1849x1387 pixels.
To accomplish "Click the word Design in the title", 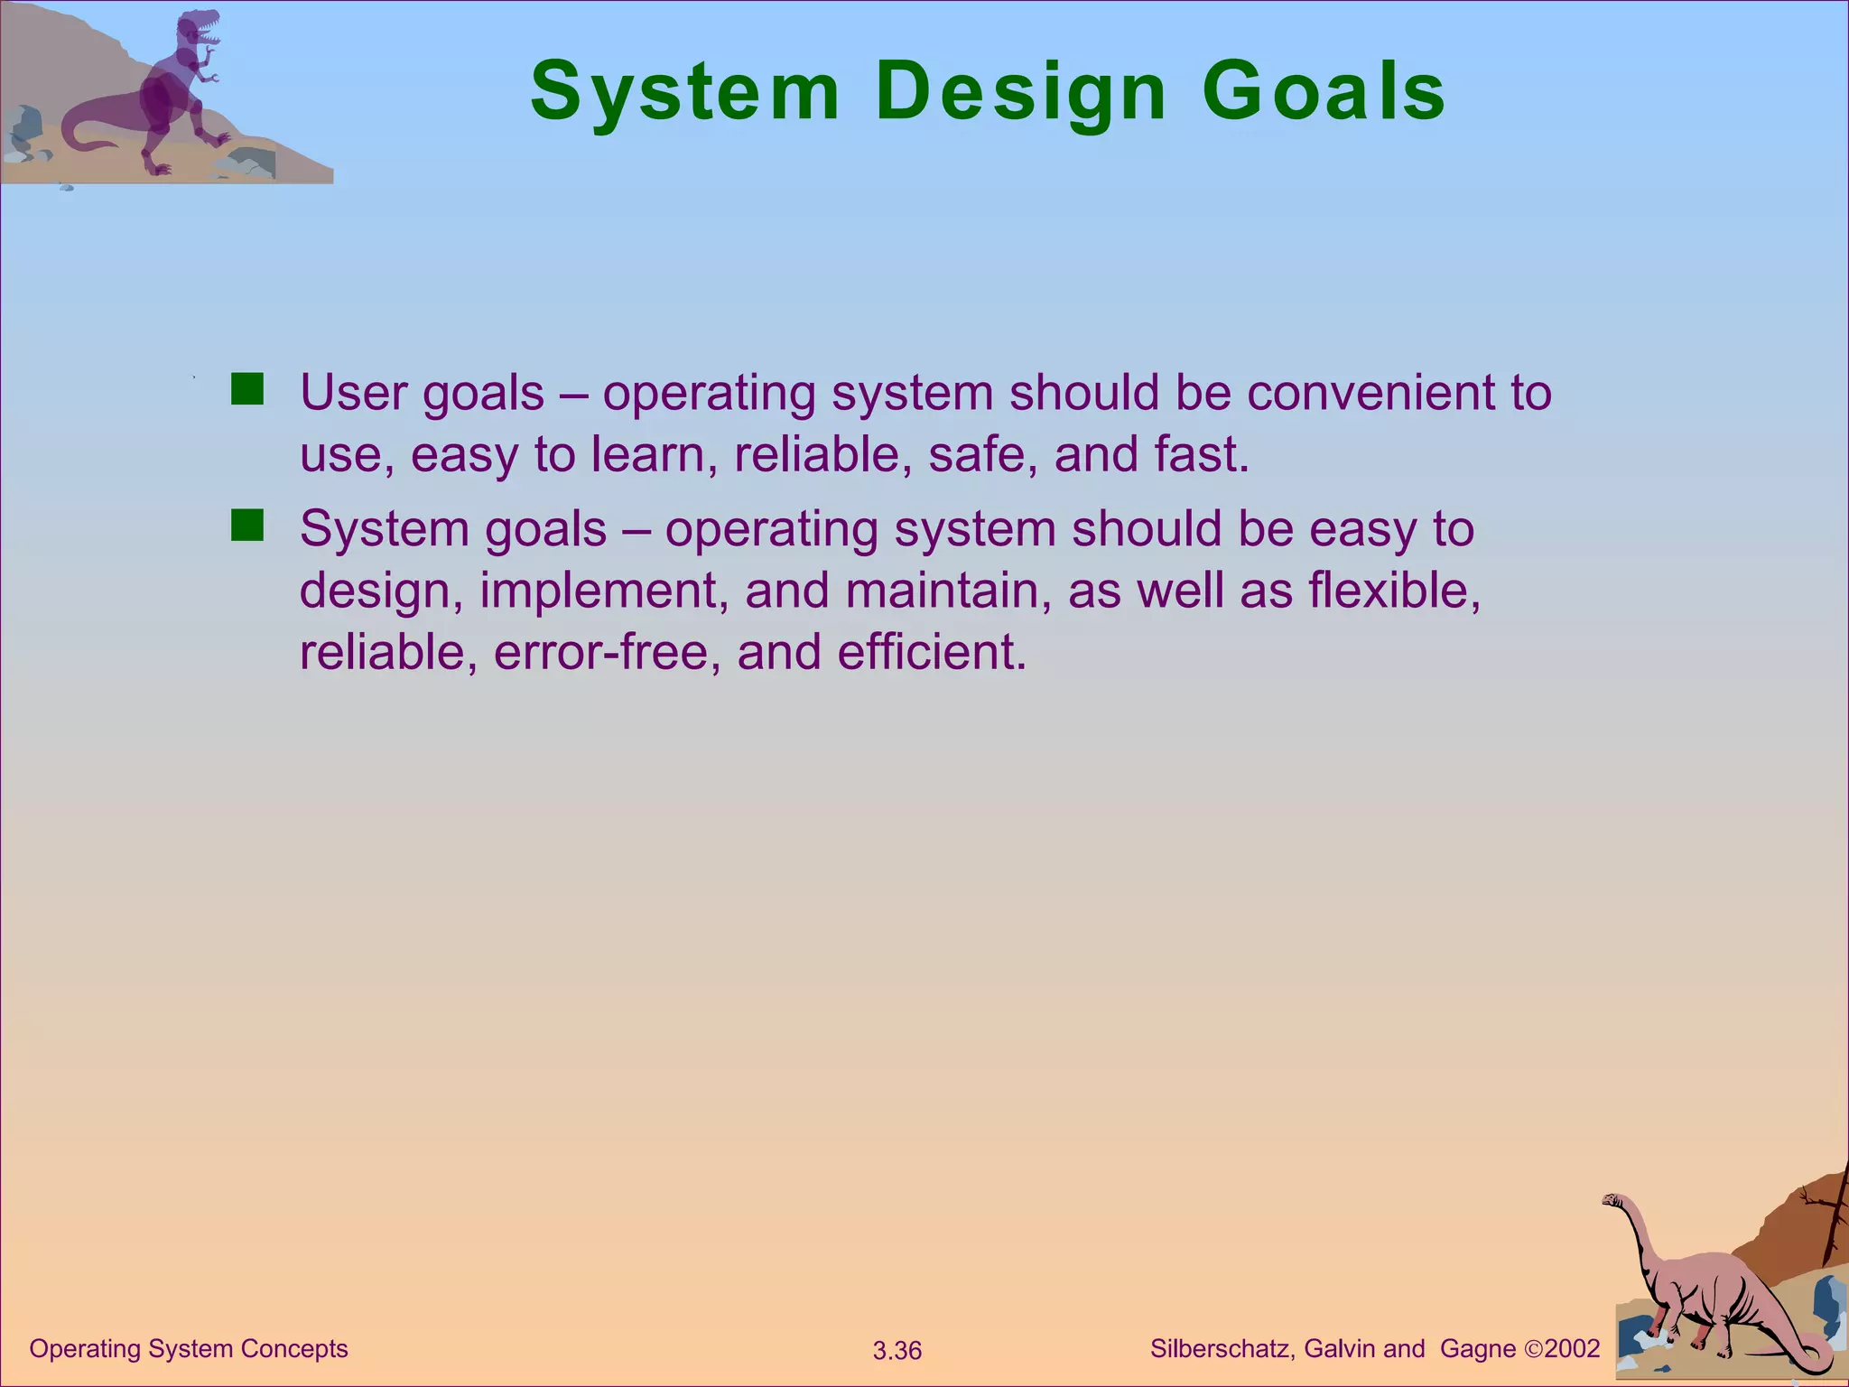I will (x=1021, y=93).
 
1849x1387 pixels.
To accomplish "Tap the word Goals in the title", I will (x=1324, y=93).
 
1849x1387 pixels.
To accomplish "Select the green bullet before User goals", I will (x=246, y=390).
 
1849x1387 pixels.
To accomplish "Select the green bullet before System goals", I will (x=246, y=526).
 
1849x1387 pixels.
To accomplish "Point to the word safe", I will (x=982, y=454).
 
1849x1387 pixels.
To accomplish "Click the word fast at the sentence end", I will (x=1200, y=454).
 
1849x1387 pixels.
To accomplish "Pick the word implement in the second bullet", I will (x=603, y=591).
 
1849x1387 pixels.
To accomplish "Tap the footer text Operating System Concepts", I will (x=189, y=1349).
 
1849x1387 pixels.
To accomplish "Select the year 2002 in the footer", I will (x=1572, y=1349).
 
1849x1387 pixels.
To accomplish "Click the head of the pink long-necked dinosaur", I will (x=1612, y=1201).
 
